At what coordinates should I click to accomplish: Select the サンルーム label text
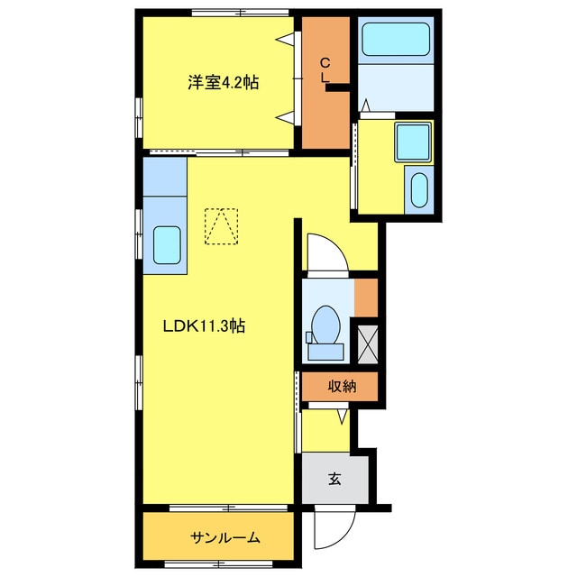point(224,538)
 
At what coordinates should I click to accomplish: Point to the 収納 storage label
point(341,386)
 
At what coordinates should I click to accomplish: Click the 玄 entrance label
point(334,479)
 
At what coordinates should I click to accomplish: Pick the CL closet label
point(325,69)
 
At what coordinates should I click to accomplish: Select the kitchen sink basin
point(168,243)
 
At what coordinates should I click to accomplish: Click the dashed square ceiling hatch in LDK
point(222,226)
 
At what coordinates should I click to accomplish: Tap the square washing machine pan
point(414,141)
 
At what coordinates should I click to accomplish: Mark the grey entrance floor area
point(334,479)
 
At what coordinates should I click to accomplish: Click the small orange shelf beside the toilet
point(366,298)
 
